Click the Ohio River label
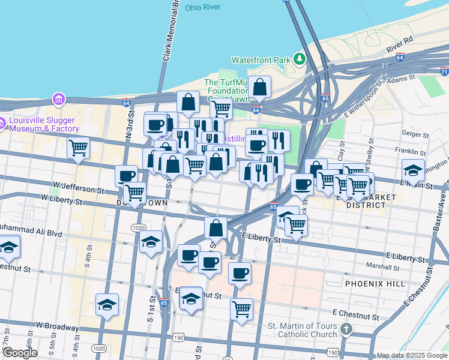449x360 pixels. pos(203,8)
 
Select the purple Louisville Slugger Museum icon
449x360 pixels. pos(58,98)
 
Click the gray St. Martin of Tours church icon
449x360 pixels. pos(346,329)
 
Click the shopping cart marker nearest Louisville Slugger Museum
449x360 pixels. pos(78,148)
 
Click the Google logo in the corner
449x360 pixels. pos(20,353)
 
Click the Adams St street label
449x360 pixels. pos(401,78)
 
